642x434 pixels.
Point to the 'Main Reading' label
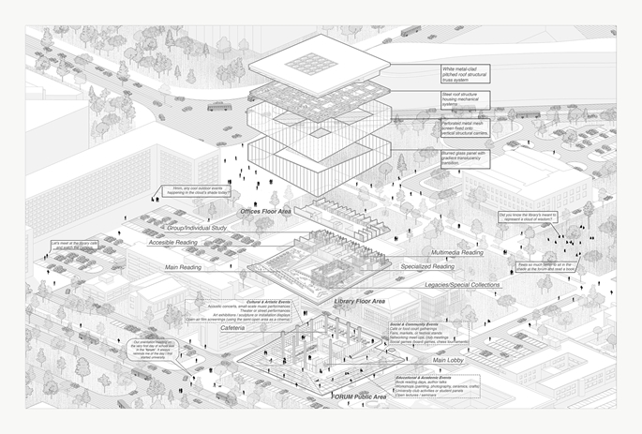(x=185, y=268)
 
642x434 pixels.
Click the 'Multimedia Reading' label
(x=457, y=252)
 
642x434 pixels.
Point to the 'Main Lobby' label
(x=452, y=360)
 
